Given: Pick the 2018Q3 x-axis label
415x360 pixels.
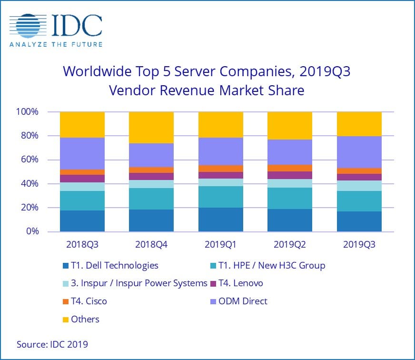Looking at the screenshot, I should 82,245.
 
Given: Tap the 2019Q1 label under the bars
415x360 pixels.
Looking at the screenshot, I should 221,245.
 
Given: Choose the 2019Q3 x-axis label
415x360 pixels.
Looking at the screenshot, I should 359,245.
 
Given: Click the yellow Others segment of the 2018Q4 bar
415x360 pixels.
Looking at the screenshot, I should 151,127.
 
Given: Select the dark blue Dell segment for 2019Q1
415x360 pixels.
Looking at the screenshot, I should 221,220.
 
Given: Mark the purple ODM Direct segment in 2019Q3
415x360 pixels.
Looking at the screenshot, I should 359,152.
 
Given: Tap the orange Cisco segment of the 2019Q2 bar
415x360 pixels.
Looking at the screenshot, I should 290,168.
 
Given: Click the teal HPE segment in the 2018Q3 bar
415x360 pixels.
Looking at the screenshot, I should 82,200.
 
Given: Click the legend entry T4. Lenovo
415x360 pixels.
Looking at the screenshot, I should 240,283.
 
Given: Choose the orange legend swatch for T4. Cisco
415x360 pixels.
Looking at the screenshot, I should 66,301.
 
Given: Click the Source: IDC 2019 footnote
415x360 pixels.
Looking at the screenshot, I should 52,344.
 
